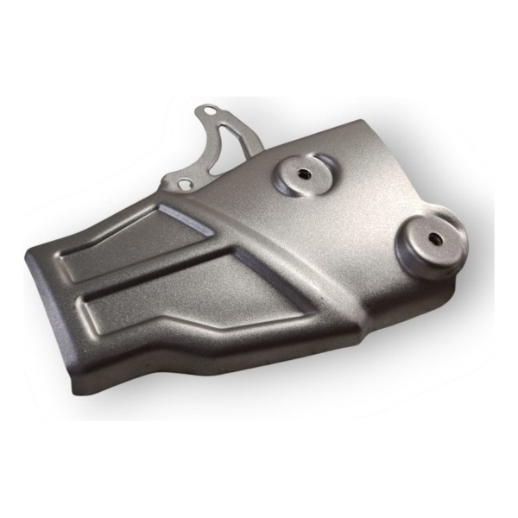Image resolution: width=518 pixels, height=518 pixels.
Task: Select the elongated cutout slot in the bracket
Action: (x=226, y=138)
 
